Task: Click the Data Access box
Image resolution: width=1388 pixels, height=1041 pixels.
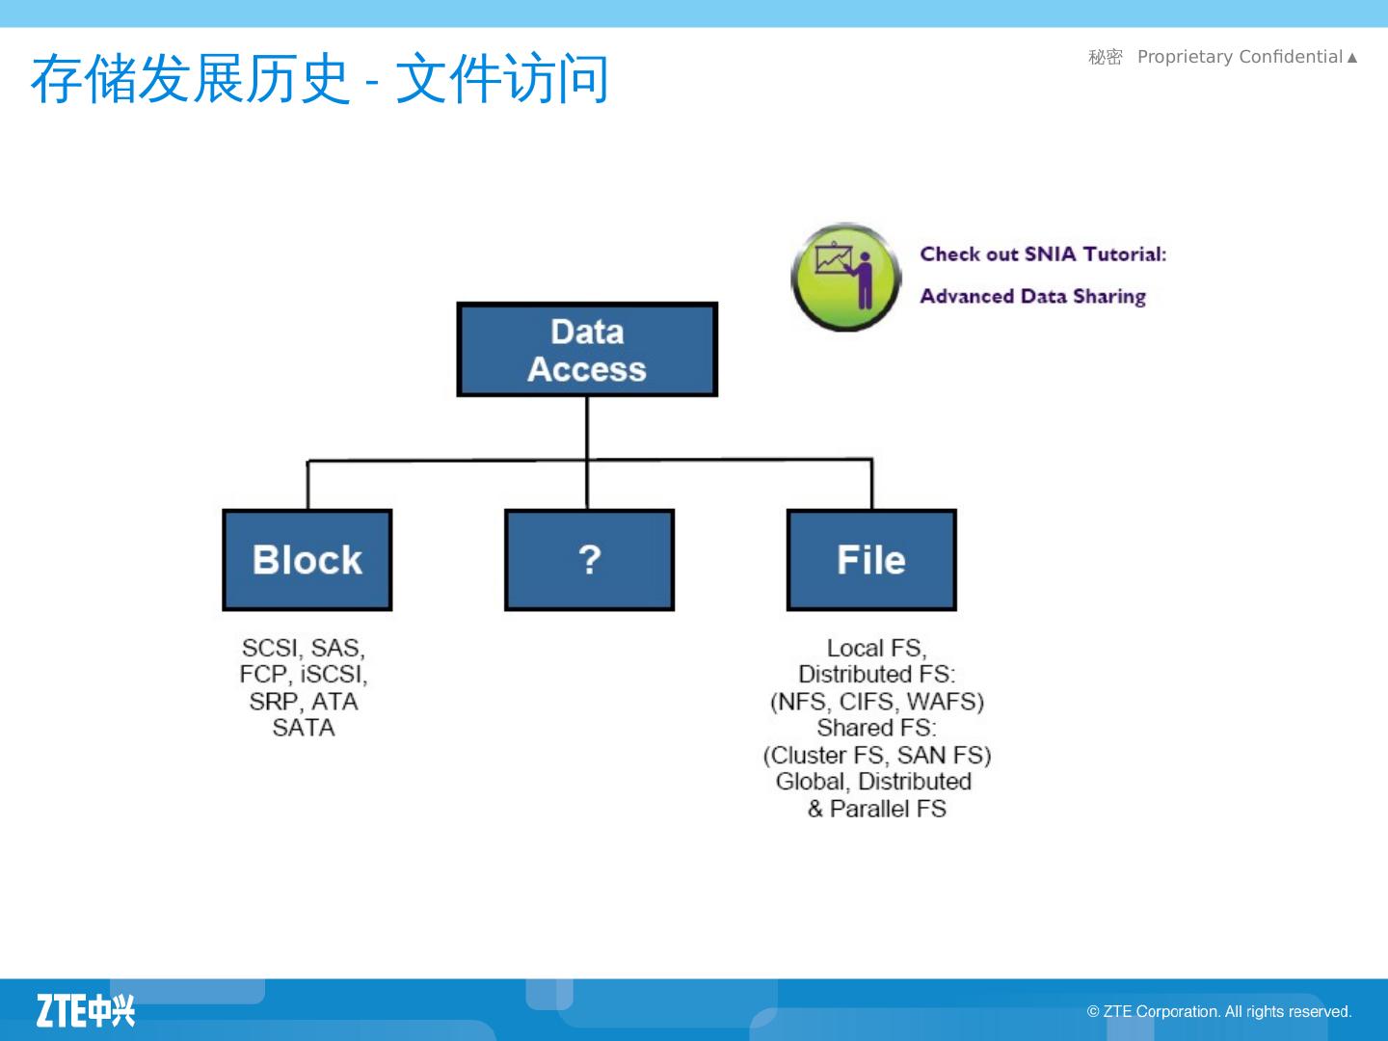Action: point(587,350)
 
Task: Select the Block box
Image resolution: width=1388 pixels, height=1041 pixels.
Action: point(307,560)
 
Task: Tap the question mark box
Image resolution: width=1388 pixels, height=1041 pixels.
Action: point(589,560)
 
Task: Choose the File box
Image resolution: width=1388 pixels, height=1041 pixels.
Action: point(871,560)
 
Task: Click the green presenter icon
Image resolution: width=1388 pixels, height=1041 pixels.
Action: point(845,278)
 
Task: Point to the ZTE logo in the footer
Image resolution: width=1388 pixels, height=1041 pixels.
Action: point(86,1009)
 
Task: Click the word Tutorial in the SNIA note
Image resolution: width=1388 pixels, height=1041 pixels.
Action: point(1124,254)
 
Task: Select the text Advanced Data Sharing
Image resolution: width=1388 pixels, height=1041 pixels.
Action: point(1032,296)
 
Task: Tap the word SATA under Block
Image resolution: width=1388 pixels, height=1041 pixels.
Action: point(304,728)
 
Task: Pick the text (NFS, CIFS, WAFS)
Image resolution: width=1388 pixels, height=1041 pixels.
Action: point(876,702)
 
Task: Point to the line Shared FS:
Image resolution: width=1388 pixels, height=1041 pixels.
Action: point(876,728)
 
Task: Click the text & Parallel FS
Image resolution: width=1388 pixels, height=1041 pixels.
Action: point(876,809)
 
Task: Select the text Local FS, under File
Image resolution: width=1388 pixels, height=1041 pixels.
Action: point(876,648)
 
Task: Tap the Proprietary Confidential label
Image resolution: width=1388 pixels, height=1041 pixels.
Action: point(1240,57)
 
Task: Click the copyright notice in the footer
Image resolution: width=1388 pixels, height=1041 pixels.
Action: point(1219,1011)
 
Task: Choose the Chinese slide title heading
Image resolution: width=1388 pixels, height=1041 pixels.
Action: point(319,79)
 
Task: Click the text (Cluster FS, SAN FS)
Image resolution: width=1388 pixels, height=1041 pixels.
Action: point(876,755)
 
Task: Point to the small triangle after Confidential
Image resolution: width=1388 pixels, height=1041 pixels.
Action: point(1352,58)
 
